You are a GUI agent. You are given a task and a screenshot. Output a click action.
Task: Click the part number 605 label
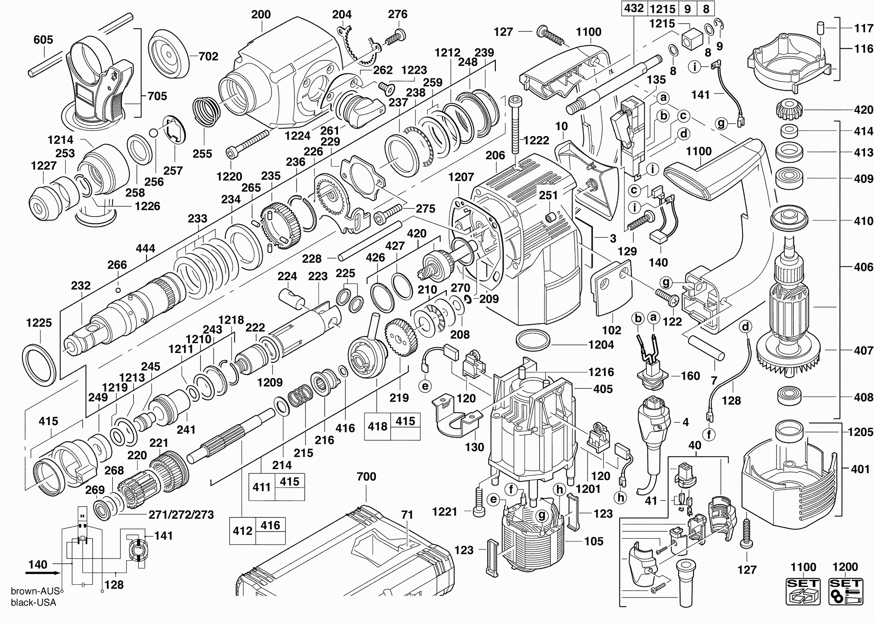coord(43,40)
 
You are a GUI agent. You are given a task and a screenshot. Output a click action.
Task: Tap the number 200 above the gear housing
coord(261,14)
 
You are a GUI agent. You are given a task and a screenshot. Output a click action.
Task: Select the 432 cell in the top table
coord(633,8)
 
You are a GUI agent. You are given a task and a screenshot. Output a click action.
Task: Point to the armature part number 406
coord(863,267)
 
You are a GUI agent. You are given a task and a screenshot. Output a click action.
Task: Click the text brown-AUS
coord(35,591)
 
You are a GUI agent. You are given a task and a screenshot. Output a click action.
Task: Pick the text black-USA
coord(33,603)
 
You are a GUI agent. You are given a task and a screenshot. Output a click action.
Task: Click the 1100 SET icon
coord(803,591)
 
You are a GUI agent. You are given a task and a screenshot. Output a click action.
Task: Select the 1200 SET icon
coord(845,591)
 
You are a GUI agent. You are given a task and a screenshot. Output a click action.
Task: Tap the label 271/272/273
coord(181,515)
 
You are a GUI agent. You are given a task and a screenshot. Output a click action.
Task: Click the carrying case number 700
coord(366,476)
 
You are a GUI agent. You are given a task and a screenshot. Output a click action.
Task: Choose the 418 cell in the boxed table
coord(377,426)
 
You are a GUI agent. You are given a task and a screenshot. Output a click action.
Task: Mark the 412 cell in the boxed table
coord(242,531)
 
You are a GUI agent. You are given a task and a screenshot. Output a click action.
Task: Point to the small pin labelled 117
coord(821,29)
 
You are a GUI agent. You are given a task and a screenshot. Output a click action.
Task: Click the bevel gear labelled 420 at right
coord(788,110)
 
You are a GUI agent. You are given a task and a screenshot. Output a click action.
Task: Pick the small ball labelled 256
coord(153,133)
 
